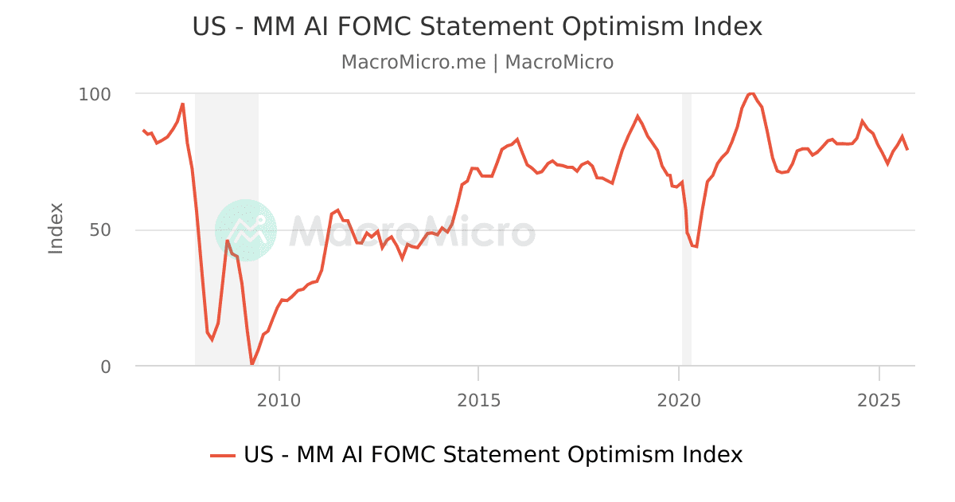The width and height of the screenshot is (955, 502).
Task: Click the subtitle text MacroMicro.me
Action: pyautogui.click(x=413, y=62)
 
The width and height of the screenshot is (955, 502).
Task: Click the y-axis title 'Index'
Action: pyautogui.click(x=56, y=229)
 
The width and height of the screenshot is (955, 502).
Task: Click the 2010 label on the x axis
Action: pyautogui.click(x=279, y=400)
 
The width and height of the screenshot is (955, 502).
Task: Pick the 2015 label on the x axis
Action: pyautogui.click(x=478, y=400)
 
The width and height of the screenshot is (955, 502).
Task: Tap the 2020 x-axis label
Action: pyautogui.click(x=679, y=400)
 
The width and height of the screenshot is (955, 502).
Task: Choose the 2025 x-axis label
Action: pyautogui.click(x=879, y=400)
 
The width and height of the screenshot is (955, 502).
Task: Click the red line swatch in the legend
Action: pyautogui.click(x=223, y=455)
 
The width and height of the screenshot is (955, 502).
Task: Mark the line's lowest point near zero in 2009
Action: pyautogui.click(x=252, y=364)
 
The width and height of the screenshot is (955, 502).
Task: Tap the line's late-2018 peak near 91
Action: pyautogui.click(x=637, y=116)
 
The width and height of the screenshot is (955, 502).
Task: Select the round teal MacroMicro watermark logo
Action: pyautogui.click(x=246, y=230)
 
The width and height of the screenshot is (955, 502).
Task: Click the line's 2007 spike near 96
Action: pyautogui.click(x=183, y=104)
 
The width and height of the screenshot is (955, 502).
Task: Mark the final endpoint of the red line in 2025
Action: pyautogui.click(x=906, y=149)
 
